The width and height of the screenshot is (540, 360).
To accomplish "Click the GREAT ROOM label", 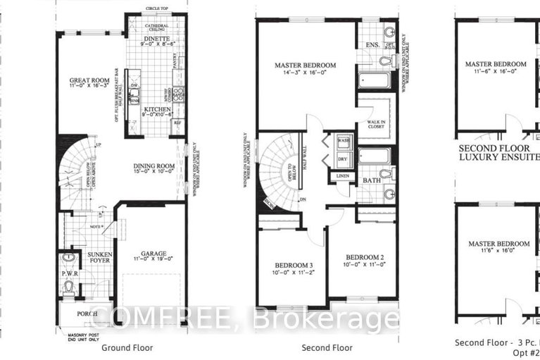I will click(87, 80).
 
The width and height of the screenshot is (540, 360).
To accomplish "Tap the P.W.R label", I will click(68, 272).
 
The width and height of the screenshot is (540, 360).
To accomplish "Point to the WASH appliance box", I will click(344, 141).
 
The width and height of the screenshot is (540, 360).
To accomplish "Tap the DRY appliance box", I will click(344, 159).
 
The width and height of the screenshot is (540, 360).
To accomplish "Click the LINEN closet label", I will click(342, 175).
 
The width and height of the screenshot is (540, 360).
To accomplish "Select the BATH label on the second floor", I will click(372, 181).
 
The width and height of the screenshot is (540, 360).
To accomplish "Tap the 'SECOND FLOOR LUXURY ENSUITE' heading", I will click(498, 154).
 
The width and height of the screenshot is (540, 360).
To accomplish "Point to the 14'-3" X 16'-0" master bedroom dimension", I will click(305, 73).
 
